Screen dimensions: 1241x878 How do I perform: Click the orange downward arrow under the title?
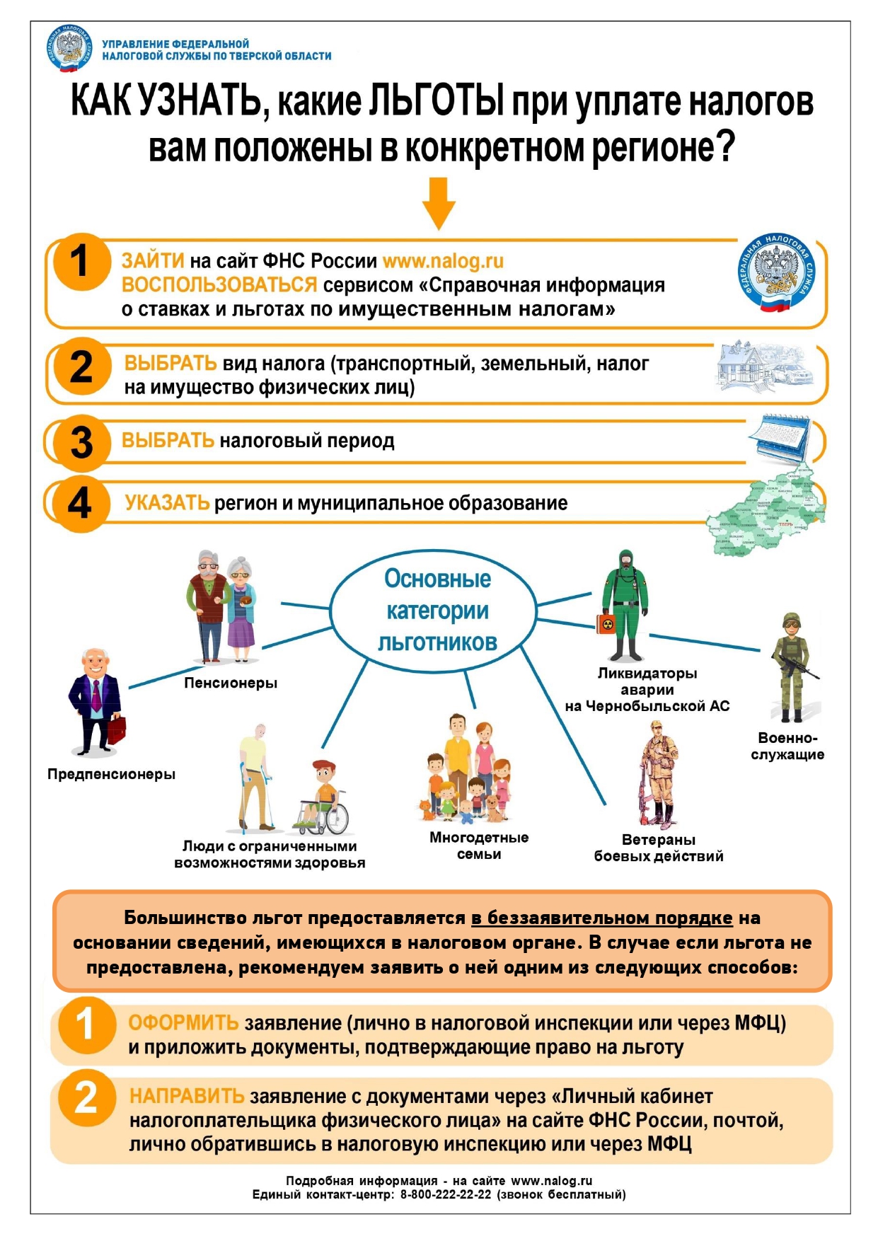coord(439,203)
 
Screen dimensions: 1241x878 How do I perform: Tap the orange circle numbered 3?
coord(82,443)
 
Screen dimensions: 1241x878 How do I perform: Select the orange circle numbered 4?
coord(80,504)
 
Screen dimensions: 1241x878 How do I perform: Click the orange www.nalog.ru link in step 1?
coord(443,261)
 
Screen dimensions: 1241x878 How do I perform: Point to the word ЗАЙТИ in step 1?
coord(153,261)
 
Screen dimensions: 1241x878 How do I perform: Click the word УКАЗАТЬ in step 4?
coord(167,503)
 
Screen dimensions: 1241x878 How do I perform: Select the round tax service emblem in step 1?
coord(776,272)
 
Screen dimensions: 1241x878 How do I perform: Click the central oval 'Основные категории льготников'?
coord(437,610)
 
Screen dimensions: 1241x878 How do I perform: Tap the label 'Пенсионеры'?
coord(231,683)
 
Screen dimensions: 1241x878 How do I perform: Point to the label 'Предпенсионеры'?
coord(111,774)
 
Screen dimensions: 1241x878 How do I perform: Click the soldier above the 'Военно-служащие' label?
coord(792,665)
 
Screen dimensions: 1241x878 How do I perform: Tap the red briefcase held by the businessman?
coord(117,728)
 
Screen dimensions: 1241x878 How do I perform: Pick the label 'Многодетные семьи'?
coord(479,845)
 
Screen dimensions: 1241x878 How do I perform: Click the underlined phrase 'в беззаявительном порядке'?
coord(601,918)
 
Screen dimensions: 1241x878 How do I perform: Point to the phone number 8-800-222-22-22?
coord(446,1194)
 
